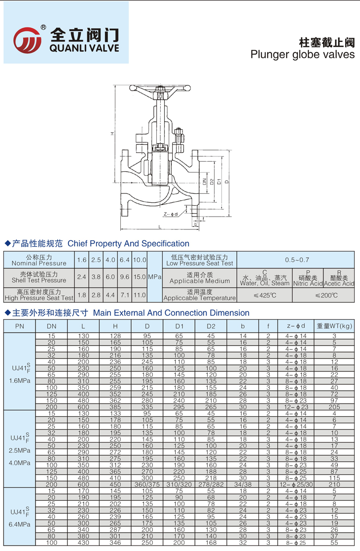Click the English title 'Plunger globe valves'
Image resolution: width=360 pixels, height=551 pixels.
pos(302,54)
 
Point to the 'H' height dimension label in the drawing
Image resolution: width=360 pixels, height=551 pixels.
pos(112,133)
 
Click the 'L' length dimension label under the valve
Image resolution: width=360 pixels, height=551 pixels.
pos(160,226)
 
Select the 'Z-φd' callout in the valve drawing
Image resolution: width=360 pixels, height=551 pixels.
pos(170,214)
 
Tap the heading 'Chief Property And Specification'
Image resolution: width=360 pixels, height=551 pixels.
pos(128,243)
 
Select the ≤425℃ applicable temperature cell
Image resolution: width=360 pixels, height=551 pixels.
pos(265,295)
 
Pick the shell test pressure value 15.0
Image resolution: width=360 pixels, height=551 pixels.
pos(140,277)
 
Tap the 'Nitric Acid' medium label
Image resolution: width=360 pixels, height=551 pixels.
pos(308,284)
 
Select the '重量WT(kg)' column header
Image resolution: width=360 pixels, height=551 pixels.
pos(334,326)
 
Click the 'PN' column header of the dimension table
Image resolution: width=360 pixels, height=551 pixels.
pos(19,326)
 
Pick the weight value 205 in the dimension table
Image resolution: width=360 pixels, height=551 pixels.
pos(334,407)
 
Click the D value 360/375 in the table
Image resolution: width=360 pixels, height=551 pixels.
pos(147,484)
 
